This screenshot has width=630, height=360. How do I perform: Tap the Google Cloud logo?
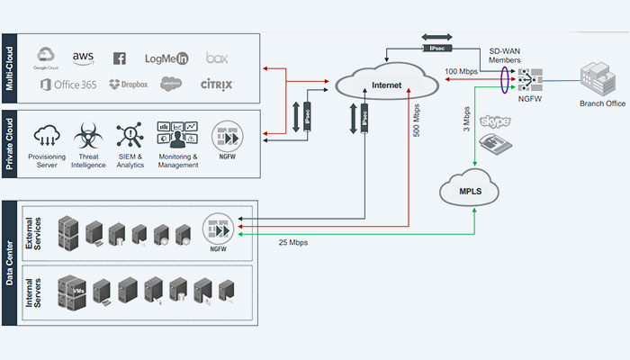pyautogui.click(x=46, y=58)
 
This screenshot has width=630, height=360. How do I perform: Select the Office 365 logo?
pyautogui.click(x=68, y=85)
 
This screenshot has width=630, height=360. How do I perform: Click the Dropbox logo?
pyautogui.click(x=128, y=85)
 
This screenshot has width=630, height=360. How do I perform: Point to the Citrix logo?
pyautogui.click(x=217, y=84)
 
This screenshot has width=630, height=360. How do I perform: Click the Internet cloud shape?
pyautogui.click(x=378, y=85)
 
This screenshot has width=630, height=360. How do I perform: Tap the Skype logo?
pyautogui.click(x=495, y=121)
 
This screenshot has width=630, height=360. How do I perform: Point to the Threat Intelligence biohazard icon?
pyautogui.click(x=88, y=137)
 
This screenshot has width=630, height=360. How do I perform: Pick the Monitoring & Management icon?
pyautogui.click(x=176, y=137)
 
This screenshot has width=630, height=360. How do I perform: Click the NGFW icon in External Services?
pyautogui.click(x=218, y=229)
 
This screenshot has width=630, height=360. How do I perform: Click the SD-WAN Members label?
pyautogui.click(x=508, y=56)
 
